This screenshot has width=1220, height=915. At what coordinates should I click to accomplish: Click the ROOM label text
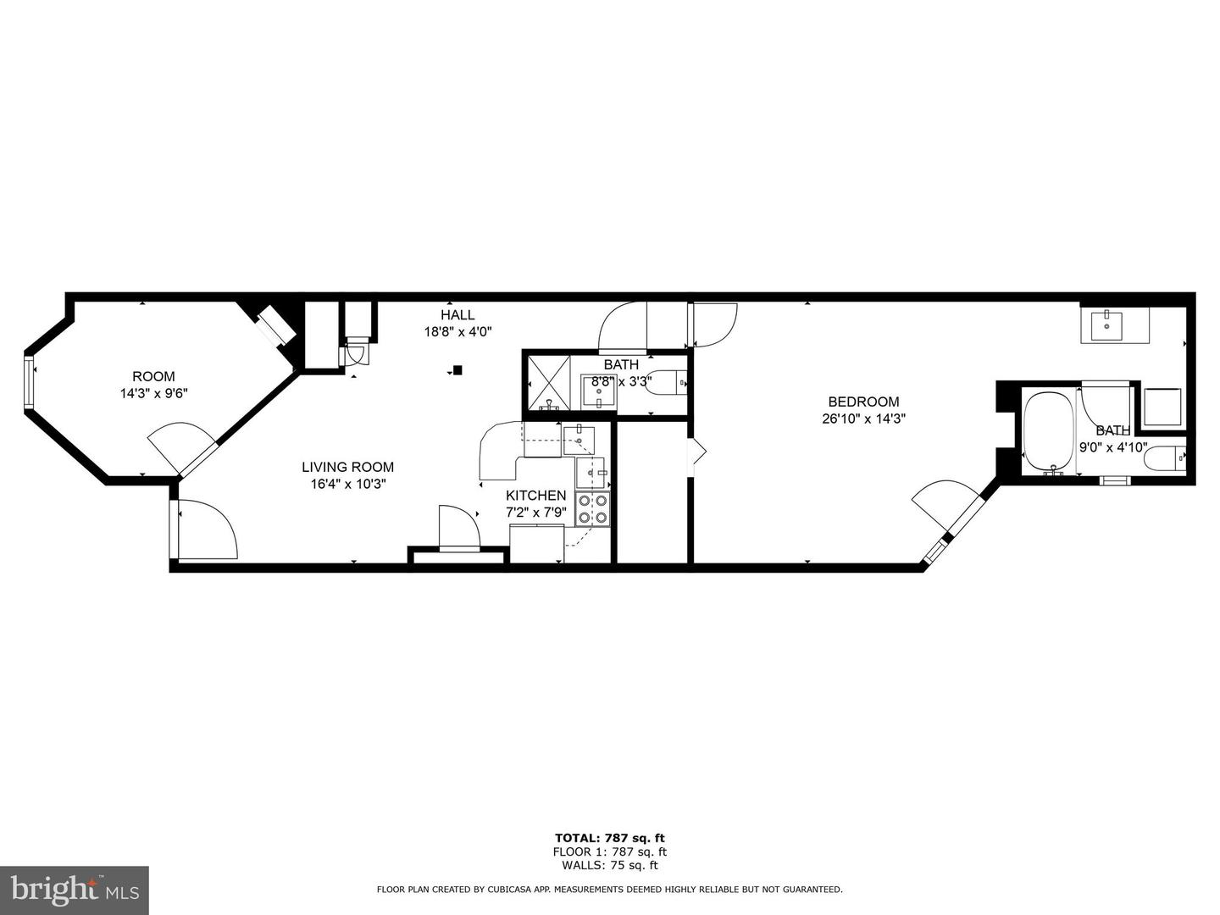[x=153, y=376]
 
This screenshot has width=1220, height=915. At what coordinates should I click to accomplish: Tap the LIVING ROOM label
[x=347, y=467]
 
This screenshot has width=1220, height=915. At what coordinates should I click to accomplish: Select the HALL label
[x=457, y=315]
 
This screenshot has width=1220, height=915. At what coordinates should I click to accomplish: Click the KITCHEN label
[x=535, y=496]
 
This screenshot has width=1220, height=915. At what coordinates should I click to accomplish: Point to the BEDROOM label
[x=863, y=402]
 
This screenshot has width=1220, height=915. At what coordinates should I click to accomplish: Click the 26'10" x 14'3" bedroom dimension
[x=863, y=419]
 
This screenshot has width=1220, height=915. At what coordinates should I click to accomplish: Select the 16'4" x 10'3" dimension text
[x=347, y=484]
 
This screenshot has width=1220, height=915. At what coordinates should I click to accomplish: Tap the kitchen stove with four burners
[x=593, y=508]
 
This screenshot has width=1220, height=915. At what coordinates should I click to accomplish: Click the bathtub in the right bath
[x=1049, y=431]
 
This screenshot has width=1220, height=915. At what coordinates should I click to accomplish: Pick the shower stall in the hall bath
[x=547, y=383]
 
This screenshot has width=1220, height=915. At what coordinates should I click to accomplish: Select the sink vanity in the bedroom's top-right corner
[x=1114, y=325]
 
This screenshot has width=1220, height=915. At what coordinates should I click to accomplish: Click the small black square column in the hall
[x=457, y=369]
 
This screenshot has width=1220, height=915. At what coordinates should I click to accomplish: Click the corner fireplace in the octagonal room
[x=275, y=325]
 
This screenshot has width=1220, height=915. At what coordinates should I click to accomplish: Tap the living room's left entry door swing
[x=203, y=530]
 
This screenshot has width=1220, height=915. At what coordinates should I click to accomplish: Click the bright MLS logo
[x=75, y=890]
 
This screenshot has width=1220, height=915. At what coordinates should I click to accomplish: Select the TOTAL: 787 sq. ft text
[x=609, y=838]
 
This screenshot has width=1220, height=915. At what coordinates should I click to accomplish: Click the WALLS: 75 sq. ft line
[x=609, y=865]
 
